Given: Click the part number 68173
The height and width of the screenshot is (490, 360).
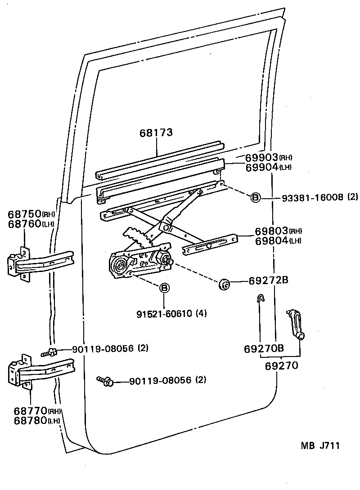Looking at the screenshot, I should (156, 133).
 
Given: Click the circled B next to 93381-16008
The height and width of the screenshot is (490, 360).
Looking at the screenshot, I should (255, 197).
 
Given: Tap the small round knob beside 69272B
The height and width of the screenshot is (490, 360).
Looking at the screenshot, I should (224, 284).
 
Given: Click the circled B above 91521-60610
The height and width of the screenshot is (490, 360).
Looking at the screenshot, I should (164, 287).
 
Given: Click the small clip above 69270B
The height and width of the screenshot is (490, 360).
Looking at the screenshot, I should (260, 298).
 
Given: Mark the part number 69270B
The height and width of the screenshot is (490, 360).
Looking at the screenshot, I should (264, 349).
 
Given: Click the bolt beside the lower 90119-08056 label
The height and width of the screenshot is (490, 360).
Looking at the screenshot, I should (107, 382).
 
